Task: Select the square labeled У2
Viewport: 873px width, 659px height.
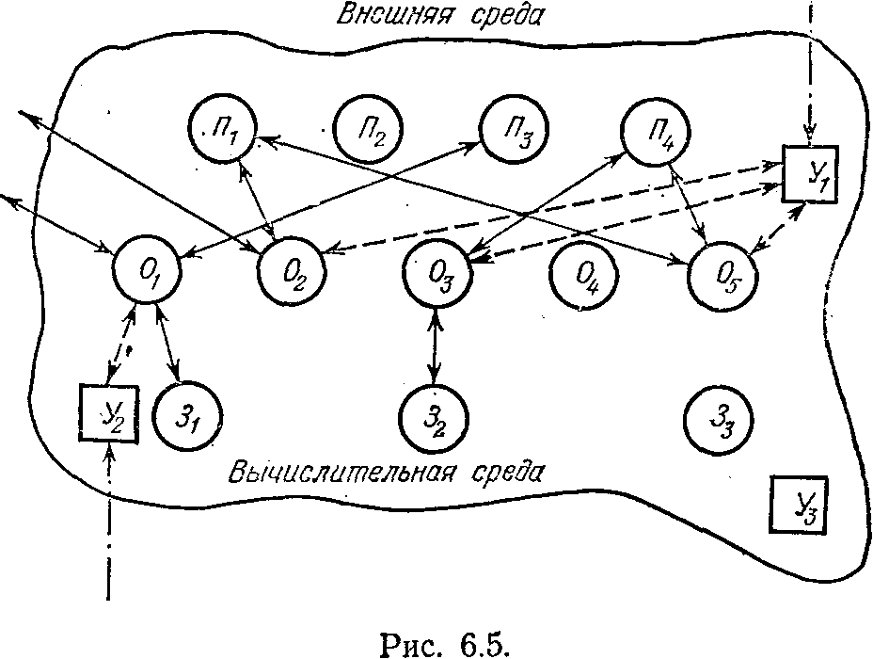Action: pyautogui.click(x=106, y=412)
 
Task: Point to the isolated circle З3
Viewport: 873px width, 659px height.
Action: pyautogui.click(x=719, y=418)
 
